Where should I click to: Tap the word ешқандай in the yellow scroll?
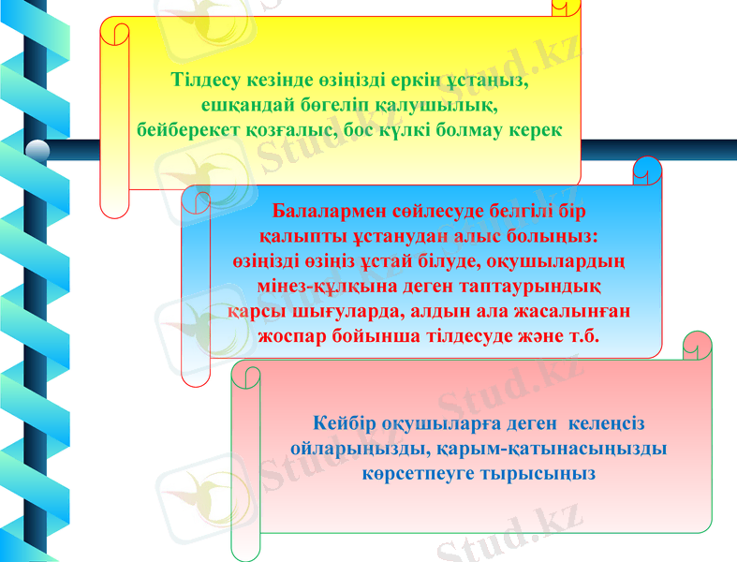244,104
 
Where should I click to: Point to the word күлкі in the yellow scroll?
447,129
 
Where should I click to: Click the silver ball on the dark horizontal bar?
37,150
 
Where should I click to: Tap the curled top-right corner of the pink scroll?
697,343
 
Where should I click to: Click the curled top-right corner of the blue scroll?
647,170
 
